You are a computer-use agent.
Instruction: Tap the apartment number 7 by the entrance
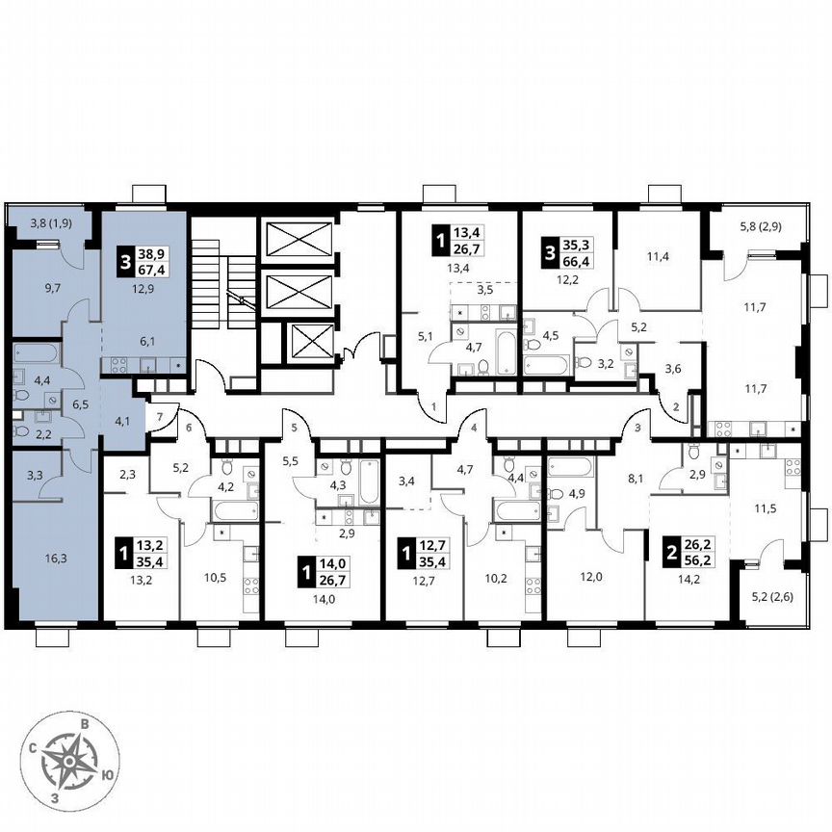click(x=161, y=415)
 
